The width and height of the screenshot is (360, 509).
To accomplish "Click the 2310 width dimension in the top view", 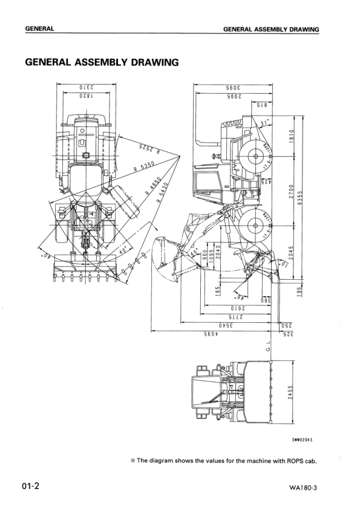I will tap(85, 87).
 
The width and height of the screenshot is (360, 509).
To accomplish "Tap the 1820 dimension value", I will tap(85, 96).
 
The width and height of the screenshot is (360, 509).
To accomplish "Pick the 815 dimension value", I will tap(261, 105).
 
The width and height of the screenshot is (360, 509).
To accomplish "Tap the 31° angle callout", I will tap(263, 123).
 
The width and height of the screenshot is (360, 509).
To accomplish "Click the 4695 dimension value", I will tap(211, 334).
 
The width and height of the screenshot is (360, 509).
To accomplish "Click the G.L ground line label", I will tap(267, 349).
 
